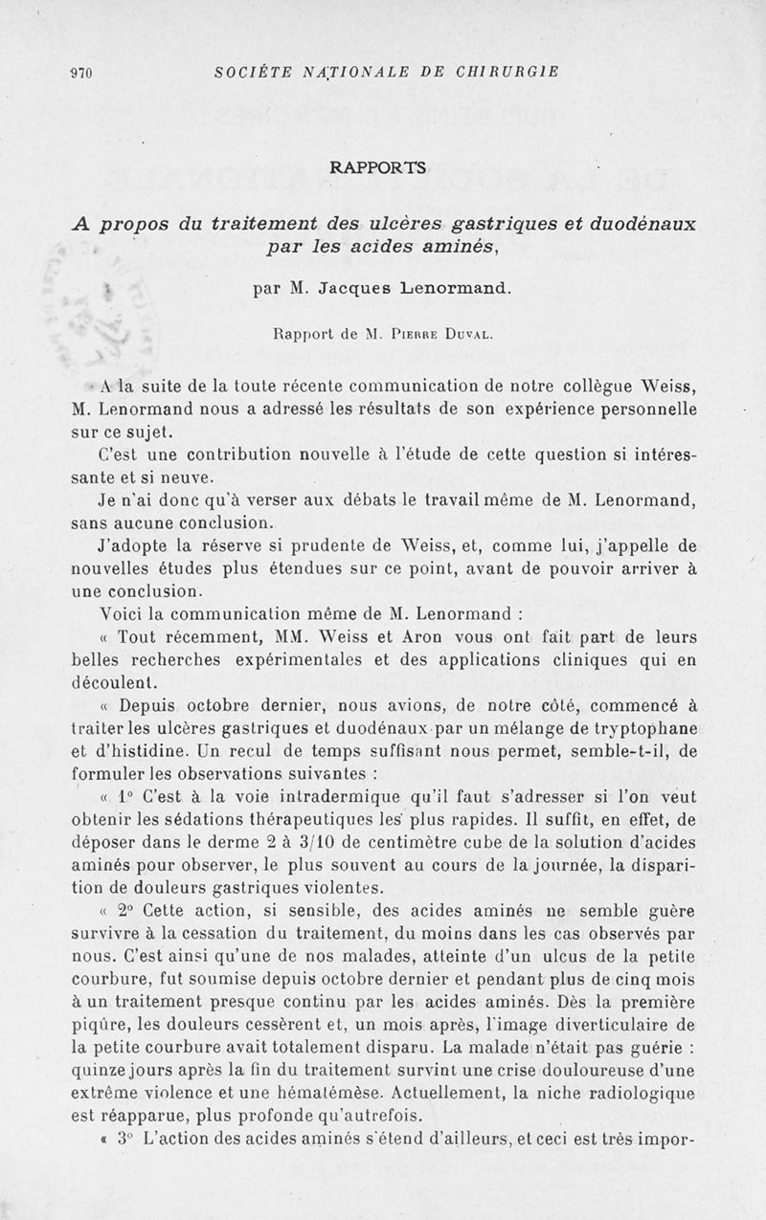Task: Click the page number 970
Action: pyautogui.click(x=80, y=72)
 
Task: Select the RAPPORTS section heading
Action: pyautogui.click(x=378, y=167)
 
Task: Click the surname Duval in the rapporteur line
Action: pyautogui.click(x=468, y=335)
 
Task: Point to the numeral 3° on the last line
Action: pyautogui.click(x=126, y=1141)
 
